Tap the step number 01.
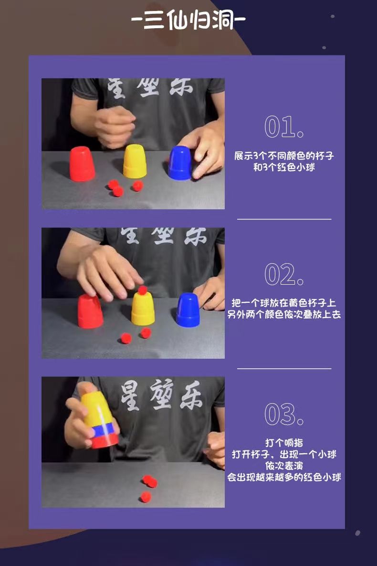coord(284,127)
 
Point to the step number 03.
coord(284,414)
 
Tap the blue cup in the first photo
coord(179,163)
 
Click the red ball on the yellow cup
coord(143,290)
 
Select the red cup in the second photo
coord(90,311)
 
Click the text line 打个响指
coord(284,443)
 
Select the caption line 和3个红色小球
coord(284,167)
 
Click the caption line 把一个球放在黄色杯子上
coord(284,303)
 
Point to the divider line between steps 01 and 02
coord(284,219)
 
